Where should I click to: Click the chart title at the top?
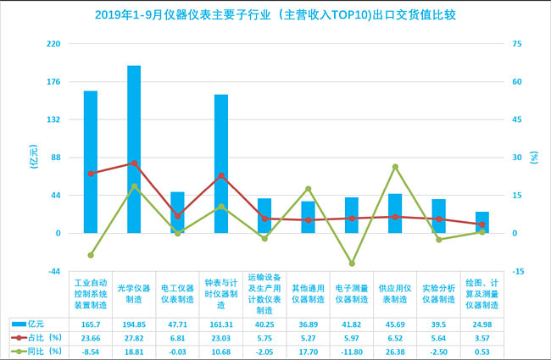pos(275,14)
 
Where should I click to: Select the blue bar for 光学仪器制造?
pos(134,149)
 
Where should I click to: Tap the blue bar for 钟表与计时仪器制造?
pos(221,163)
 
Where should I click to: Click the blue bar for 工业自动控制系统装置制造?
pos(91,162)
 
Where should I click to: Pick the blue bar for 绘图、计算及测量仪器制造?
pos(481,222)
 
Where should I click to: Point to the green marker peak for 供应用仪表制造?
pos(395,167)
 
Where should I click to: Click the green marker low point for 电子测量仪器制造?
pos(352,263)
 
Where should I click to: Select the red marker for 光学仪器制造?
pos(134,163)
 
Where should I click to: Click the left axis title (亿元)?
pos(34,157)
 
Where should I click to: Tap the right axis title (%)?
pos(534,157)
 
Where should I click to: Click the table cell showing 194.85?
pos(134,324)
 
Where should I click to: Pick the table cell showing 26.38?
pos(395,351)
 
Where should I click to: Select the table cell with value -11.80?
pos(352,351)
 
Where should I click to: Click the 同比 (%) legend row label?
pos(41,351)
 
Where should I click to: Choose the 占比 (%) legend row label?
pos(41,337)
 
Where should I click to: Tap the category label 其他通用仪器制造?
pos(308,293)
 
